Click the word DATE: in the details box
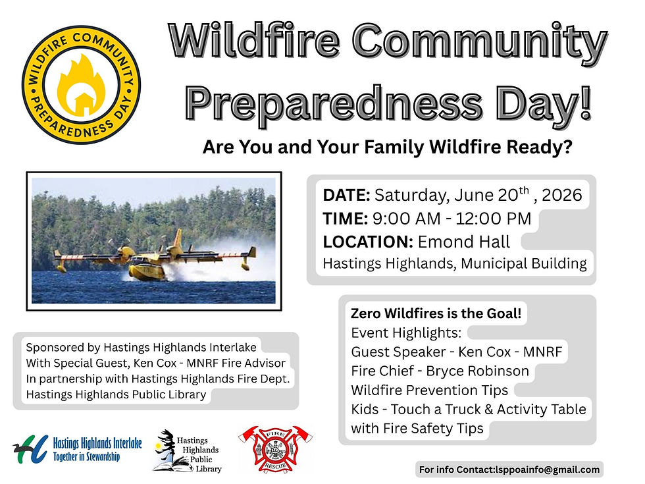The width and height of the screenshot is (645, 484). [x=346, y=195]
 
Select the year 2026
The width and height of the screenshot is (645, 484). [x=562, y=195]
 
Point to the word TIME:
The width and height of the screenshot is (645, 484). [x=345, y=219]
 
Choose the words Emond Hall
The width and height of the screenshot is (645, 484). [x=464, y=242]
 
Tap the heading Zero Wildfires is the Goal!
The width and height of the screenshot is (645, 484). [x=436, y=313]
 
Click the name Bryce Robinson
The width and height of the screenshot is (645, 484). [x=477, y=371]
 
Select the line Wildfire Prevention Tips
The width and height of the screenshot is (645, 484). [x=429, y=390]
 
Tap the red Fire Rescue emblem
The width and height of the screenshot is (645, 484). [x=275, y=449]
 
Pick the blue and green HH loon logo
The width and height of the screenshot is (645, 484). [x=30, y=449]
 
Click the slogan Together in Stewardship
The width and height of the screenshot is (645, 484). [x=86, y=457]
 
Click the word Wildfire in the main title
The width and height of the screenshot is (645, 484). [x=254, y=41]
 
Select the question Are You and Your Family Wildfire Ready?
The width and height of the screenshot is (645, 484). [x=388, y=147]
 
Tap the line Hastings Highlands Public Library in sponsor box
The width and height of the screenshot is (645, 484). [x=116, y=394]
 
